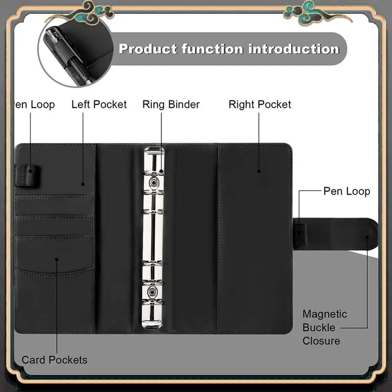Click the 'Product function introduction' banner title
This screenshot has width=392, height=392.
[229, 49]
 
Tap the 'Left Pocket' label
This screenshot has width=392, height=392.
[99, 104]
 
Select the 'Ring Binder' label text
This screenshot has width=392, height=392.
[171, 104]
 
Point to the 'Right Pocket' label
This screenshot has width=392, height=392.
[260, 104]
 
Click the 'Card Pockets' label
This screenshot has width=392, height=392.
[54, 360]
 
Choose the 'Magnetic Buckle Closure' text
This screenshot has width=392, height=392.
[324, 327]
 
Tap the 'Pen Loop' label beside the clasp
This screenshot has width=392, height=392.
[346, 191]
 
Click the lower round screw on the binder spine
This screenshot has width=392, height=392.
[154, 294]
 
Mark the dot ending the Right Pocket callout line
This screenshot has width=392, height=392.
[258, 171]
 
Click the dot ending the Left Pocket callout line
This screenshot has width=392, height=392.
[83, 184]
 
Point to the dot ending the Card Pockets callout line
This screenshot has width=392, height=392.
[57, 259]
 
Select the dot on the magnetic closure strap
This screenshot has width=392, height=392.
[367, 237]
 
